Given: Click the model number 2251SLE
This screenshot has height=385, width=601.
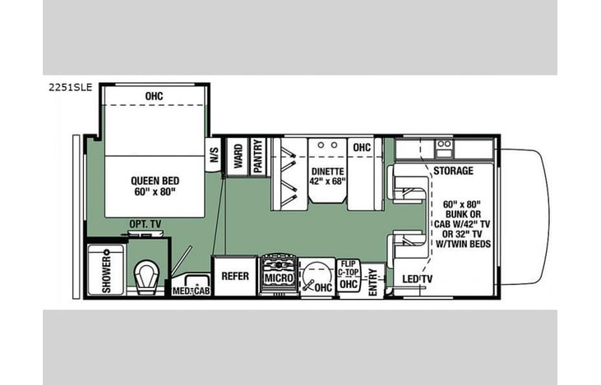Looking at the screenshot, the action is tap(71, 87).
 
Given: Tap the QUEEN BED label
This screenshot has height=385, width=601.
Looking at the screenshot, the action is tap(155, 181).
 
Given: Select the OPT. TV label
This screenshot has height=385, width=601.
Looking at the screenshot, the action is tap(146, 224).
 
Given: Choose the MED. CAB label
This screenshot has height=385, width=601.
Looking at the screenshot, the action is tap(191, 291).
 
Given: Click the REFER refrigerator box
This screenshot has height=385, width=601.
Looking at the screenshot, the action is tap(235, 276).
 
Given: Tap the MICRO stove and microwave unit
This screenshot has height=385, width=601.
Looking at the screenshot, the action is tap(279, 276).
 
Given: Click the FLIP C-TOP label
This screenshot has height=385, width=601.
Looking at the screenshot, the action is tap(349, 268).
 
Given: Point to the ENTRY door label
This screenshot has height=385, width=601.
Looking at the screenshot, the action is tap(372, 282).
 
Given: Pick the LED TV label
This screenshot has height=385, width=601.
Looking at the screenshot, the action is tap(417, 279).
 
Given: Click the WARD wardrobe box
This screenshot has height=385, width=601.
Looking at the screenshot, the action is tap(238, 157).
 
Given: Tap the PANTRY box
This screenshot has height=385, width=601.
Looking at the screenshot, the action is tap(257, 157).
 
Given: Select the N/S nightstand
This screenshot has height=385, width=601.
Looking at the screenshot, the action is tap(214, 155).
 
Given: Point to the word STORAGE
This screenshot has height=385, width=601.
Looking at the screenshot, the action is tap(453, 171).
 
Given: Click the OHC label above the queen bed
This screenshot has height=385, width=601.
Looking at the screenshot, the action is tap(154, 96).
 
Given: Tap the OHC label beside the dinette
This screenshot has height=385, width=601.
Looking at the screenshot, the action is tap(362, 147).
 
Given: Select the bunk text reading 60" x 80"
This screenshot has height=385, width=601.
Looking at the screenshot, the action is tap(462, 204).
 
